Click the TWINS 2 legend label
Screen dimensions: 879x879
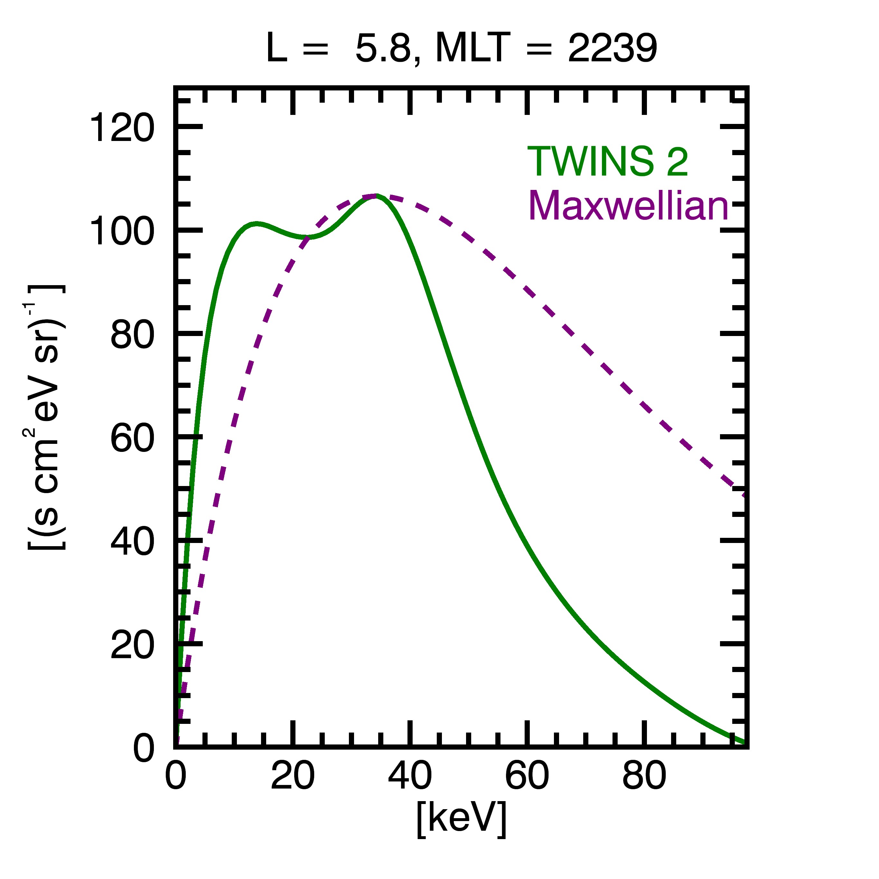(x=607, y=162)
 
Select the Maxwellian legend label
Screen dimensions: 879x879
(x=628, y=206)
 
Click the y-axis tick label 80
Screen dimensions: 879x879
(x=132, y=335)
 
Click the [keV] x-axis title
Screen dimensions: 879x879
(x=461, y=819)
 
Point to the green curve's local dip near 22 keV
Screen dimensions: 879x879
(x=308, y=237)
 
